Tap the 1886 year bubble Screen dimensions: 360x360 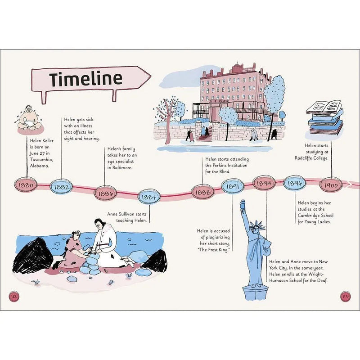point(105,193)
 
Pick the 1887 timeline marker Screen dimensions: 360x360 point(148,197)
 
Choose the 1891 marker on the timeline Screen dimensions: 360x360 point(233,185)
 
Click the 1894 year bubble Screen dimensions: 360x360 point(265,183)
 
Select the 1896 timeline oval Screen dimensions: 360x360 point(295,183)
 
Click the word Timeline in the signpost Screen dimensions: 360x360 point(85,78)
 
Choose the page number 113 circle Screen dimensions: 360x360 point(345,296)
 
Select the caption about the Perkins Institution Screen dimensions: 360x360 point(226,165)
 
